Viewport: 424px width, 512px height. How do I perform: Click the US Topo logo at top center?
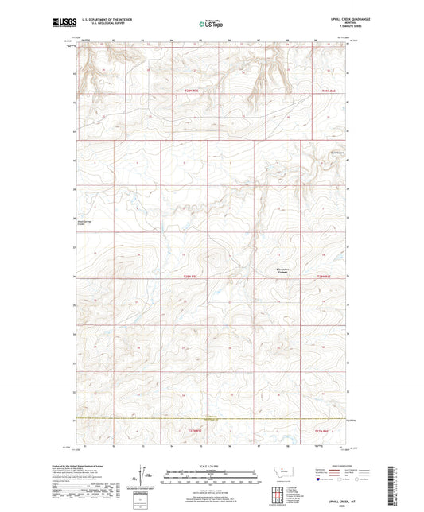click(212, 25)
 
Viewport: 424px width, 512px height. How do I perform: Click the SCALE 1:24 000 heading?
click(212, 466)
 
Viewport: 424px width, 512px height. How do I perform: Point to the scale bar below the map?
click(212, 479)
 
